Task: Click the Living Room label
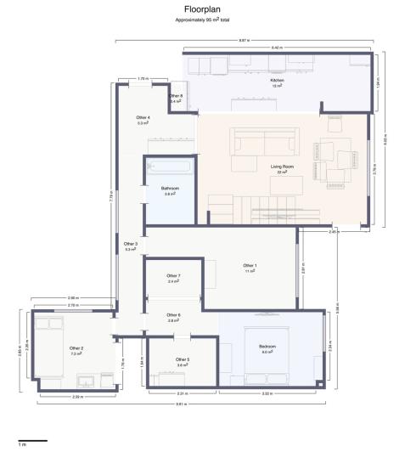(x=282, y=167)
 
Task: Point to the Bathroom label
(x=170, y=189)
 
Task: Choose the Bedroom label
(x=267, y=347)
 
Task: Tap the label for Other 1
(x=250, y=267)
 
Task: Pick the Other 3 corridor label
(x=131, y=245)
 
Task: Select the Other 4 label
(x=143, y=118)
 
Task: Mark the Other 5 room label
(x=183, y=360)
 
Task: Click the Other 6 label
(x=173, y=316)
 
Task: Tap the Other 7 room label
(x=173, y=276)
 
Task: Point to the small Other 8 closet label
(x=176, y=96)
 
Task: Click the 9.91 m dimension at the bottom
(x=181, y=404)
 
